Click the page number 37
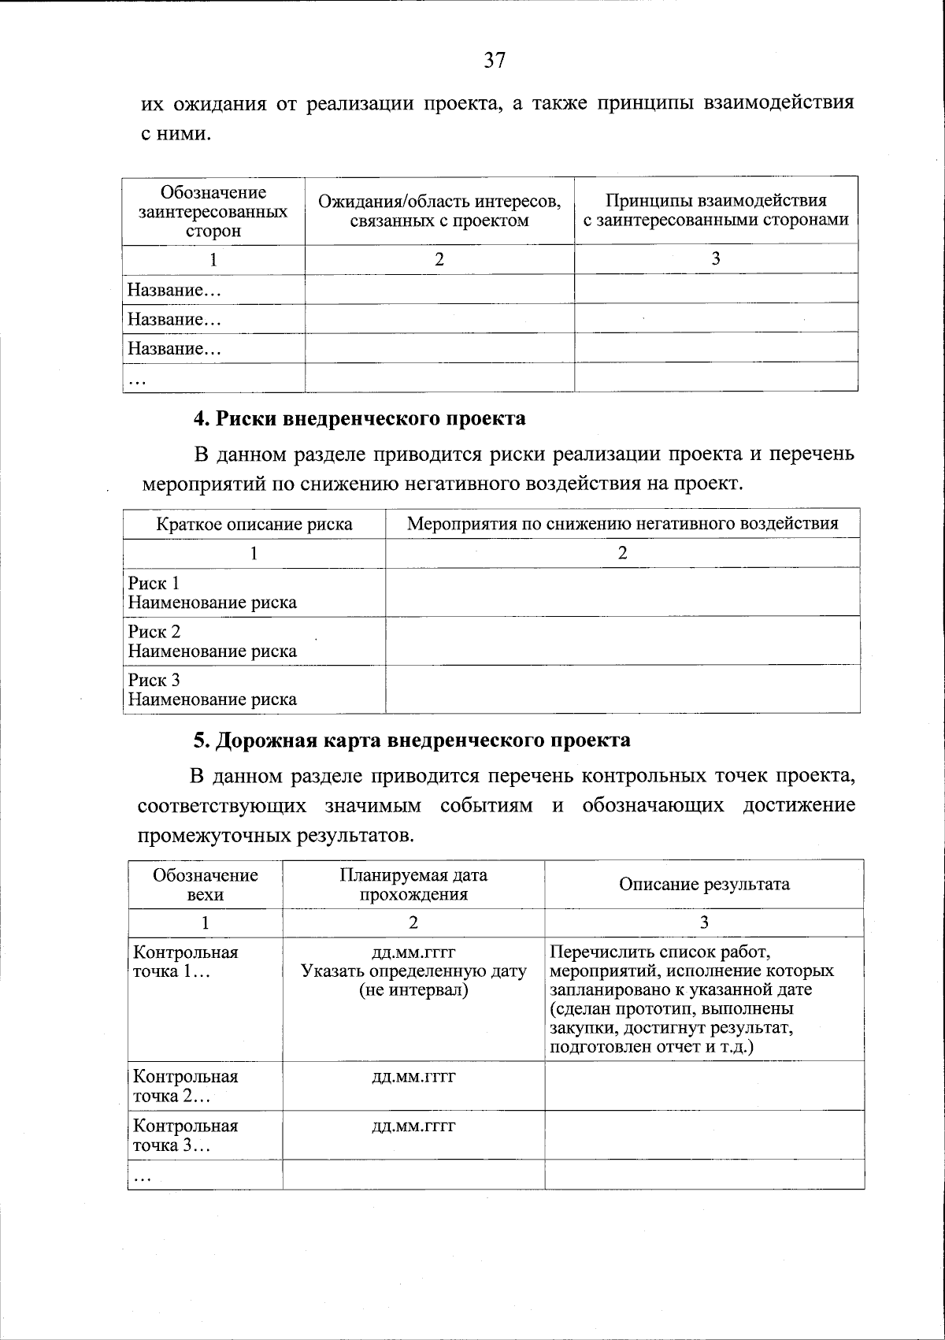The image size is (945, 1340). (494, 61)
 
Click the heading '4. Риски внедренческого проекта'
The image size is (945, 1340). (359, 418)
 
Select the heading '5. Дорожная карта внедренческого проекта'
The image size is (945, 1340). (412, 741)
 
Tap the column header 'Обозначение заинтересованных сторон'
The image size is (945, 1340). (213, 212)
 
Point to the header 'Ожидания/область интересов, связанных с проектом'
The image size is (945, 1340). (439, 211)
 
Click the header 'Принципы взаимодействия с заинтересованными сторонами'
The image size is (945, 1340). (716, 210)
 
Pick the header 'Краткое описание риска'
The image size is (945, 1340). (254, 524)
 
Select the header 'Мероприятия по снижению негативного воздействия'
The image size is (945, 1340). (622, 523)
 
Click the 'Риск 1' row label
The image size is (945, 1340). (154, 583)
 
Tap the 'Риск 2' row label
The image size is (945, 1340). (154, 632)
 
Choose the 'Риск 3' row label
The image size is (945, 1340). (154, 680)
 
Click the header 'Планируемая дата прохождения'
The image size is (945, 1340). (413, 884)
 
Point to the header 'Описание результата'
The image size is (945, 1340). (704, 884)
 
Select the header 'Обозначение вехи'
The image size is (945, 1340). (206, 884)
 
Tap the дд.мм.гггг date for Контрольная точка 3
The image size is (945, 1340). (413, 1126)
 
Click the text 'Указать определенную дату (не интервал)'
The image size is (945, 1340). (413, 981)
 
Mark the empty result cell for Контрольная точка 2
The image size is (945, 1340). (704, 1086)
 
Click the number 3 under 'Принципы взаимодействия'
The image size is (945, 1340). (716, 259)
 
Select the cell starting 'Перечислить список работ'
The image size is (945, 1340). (692, 999)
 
